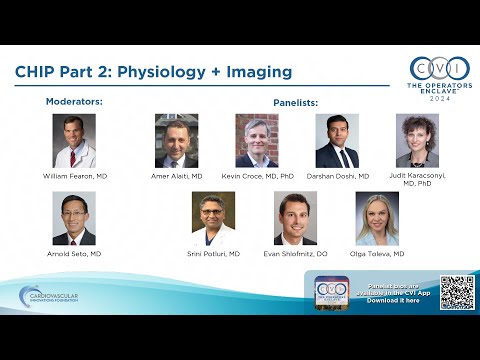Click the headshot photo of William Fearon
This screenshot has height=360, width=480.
pyautogui.click(x=73, y=140)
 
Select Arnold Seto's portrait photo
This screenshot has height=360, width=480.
pyautogui.click(x=73, y=218)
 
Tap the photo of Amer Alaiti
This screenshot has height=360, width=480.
pyautogui.click(x=176, y=140)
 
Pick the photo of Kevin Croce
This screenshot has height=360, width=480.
pyautogui.click(x=256, y=140)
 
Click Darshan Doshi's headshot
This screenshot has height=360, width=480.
pyautogui.click(x=336, y=140)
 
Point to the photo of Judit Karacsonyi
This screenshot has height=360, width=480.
pyautogui.click(x=417, y=140)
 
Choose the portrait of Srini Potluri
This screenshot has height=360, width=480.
pyautogui.click(x=213, y=218)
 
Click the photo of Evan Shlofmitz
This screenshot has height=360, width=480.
pyautogui.click(x=295, y=218)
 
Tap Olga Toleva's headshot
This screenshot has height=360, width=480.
pyautogui.click(x=377, y=218)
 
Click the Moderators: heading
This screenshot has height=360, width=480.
pyautogui.click(x=74, y=101)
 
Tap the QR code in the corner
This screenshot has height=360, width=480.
pyautogui.click(x=456, y=292)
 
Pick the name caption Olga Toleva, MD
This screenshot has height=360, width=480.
pyautogui.click(x=377, y=254)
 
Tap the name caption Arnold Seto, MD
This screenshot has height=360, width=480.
pyautogui.click(x=73, y=254)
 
